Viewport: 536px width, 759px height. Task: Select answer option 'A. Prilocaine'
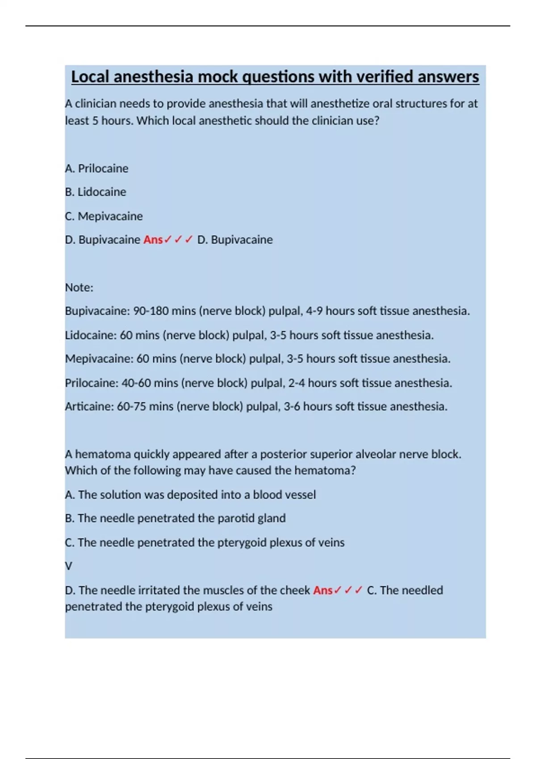(x=96, y=168)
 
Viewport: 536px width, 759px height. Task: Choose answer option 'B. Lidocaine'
(x=96, y=192)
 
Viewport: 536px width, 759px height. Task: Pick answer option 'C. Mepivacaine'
(x=104, y=216)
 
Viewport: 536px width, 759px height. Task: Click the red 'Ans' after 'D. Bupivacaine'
(x=153, y=240)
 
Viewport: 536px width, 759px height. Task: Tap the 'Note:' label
(x=79, y=288)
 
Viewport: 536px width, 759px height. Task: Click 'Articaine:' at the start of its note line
(x=89, y=407)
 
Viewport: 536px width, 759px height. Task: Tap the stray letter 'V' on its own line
(x=68, y=566)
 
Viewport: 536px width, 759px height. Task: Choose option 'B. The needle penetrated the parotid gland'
(x=175, y=518)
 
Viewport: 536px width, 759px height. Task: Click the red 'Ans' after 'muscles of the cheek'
(x=322, y=590)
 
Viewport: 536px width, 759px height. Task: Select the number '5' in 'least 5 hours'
(x=96, y=121)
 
